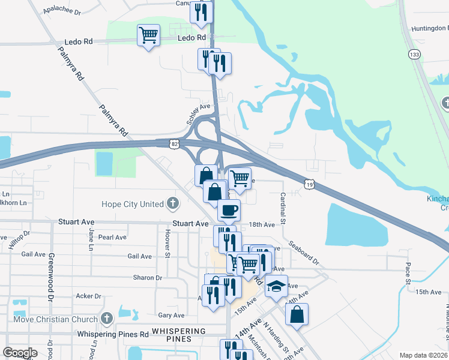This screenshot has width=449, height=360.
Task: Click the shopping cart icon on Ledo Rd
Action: coord(148,34)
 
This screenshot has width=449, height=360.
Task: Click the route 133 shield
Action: coord(414,55)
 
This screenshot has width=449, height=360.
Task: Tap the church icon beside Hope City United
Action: coord(174,203)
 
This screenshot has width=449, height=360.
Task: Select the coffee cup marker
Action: coord(228,211)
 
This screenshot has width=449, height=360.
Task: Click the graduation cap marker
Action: coord(276,286)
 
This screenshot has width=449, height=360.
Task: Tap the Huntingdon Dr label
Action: coord(430,28)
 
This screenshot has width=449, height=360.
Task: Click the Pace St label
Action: coord(407,273)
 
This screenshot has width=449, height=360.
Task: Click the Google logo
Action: coord(20,353)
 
